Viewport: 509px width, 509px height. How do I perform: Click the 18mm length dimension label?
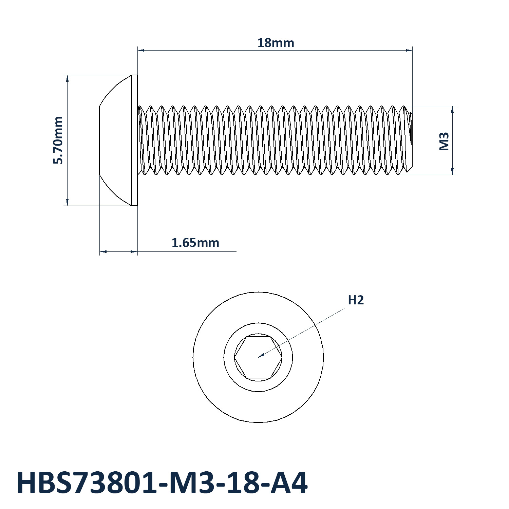coord(276,43)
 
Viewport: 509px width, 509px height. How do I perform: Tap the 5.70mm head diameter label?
coord(58,140)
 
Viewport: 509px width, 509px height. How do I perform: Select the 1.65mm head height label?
coord(195,243)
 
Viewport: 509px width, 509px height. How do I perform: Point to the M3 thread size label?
coord(444,142)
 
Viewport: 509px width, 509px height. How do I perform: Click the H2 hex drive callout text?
coord(356,300)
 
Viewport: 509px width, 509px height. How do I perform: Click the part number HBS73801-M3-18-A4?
coord(162,483)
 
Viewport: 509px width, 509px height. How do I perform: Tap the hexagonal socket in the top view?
coord(258,357)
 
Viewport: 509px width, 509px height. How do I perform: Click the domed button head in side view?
coord(115,140)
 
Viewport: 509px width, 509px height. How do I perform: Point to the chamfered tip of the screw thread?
coord(409,140)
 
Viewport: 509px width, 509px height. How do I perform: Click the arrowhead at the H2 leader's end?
coord(261,356)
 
